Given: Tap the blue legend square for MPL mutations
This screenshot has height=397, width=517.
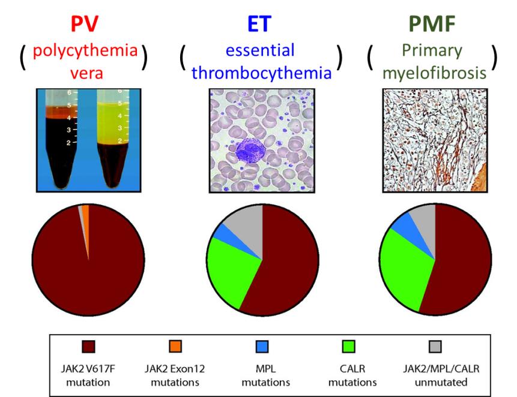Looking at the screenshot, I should (x=262, y=347).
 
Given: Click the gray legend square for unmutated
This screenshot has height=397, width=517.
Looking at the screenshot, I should (x=435, y=347).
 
